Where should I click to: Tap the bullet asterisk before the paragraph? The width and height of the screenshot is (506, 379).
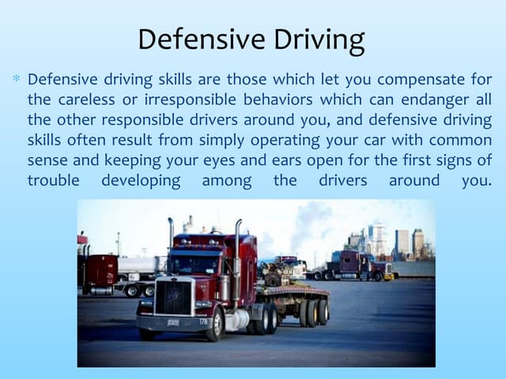[x=16, y=80]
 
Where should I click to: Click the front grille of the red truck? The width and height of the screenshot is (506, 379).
[x=173, y=298]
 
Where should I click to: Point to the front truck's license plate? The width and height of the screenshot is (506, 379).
[x=172, y=322]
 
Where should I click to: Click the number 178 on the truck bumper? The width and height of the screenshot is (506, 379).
[x=203, y=321]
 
